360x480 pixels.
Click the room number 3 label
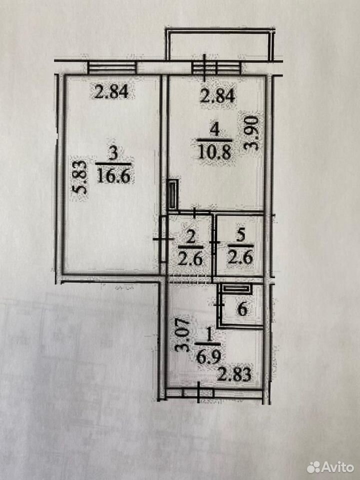point(113,153)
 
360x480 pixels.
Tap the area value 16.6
point(113,176)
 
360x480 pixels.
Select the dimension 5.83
point(79,177)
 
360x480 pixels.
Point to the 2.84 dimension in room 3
point(111,92)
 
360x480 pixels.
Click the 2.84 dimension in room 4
point(217,95)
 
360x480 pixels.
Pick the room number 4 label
point(214,130)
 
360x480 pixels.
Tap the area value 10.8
point(214,152)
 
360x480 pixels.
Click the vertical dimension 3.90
point(251,133)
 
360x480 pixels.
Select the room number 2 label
point(190,237)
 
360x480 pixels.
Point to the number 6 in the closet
point(242,309)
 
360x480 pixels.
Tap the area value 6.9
point(208,357)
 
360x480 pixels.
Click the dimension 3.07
point(182,335)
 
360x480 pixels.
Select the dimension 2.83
point(234,374)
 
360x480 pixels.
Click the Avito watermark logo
point(330,467)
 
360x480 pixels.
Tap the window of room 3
point(112,67)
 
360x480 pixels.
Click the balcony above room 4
point(220,43)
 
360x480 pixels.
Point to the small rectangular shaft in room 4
point(173,195)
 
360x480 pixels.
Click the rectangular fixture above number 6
point(236,288)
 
